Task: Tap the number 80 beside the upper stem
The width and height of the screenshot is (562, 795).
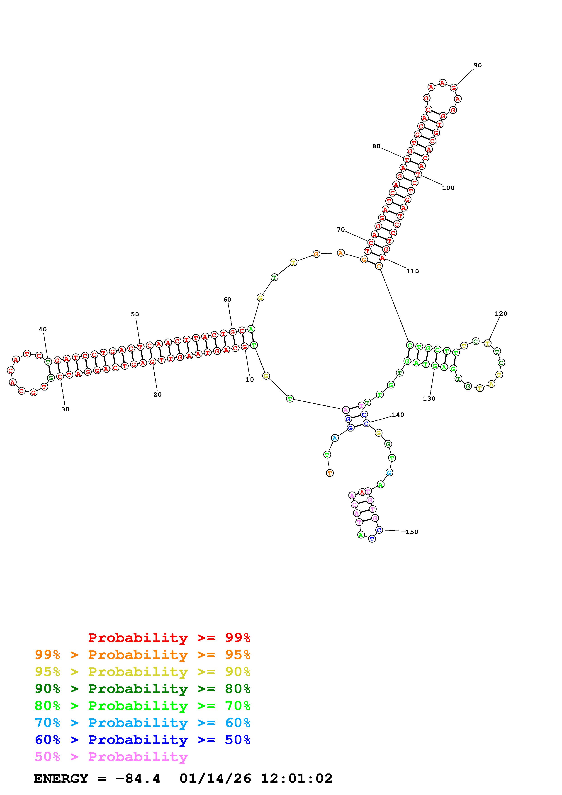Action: (x=376, y=146)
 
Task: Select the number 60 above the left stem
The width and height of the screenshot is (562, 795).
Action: (x=227, y=300)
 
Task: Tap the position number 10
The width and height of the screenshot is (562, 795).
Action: (x=250, y=380)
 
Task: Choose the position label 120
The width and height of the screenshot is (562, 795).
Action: (x=501, y=314)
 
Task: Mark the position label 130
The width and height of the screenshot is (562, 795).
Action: (x=429, y=399)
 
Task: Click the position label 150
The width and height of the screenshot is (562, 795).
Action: (x=412, y=532)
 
